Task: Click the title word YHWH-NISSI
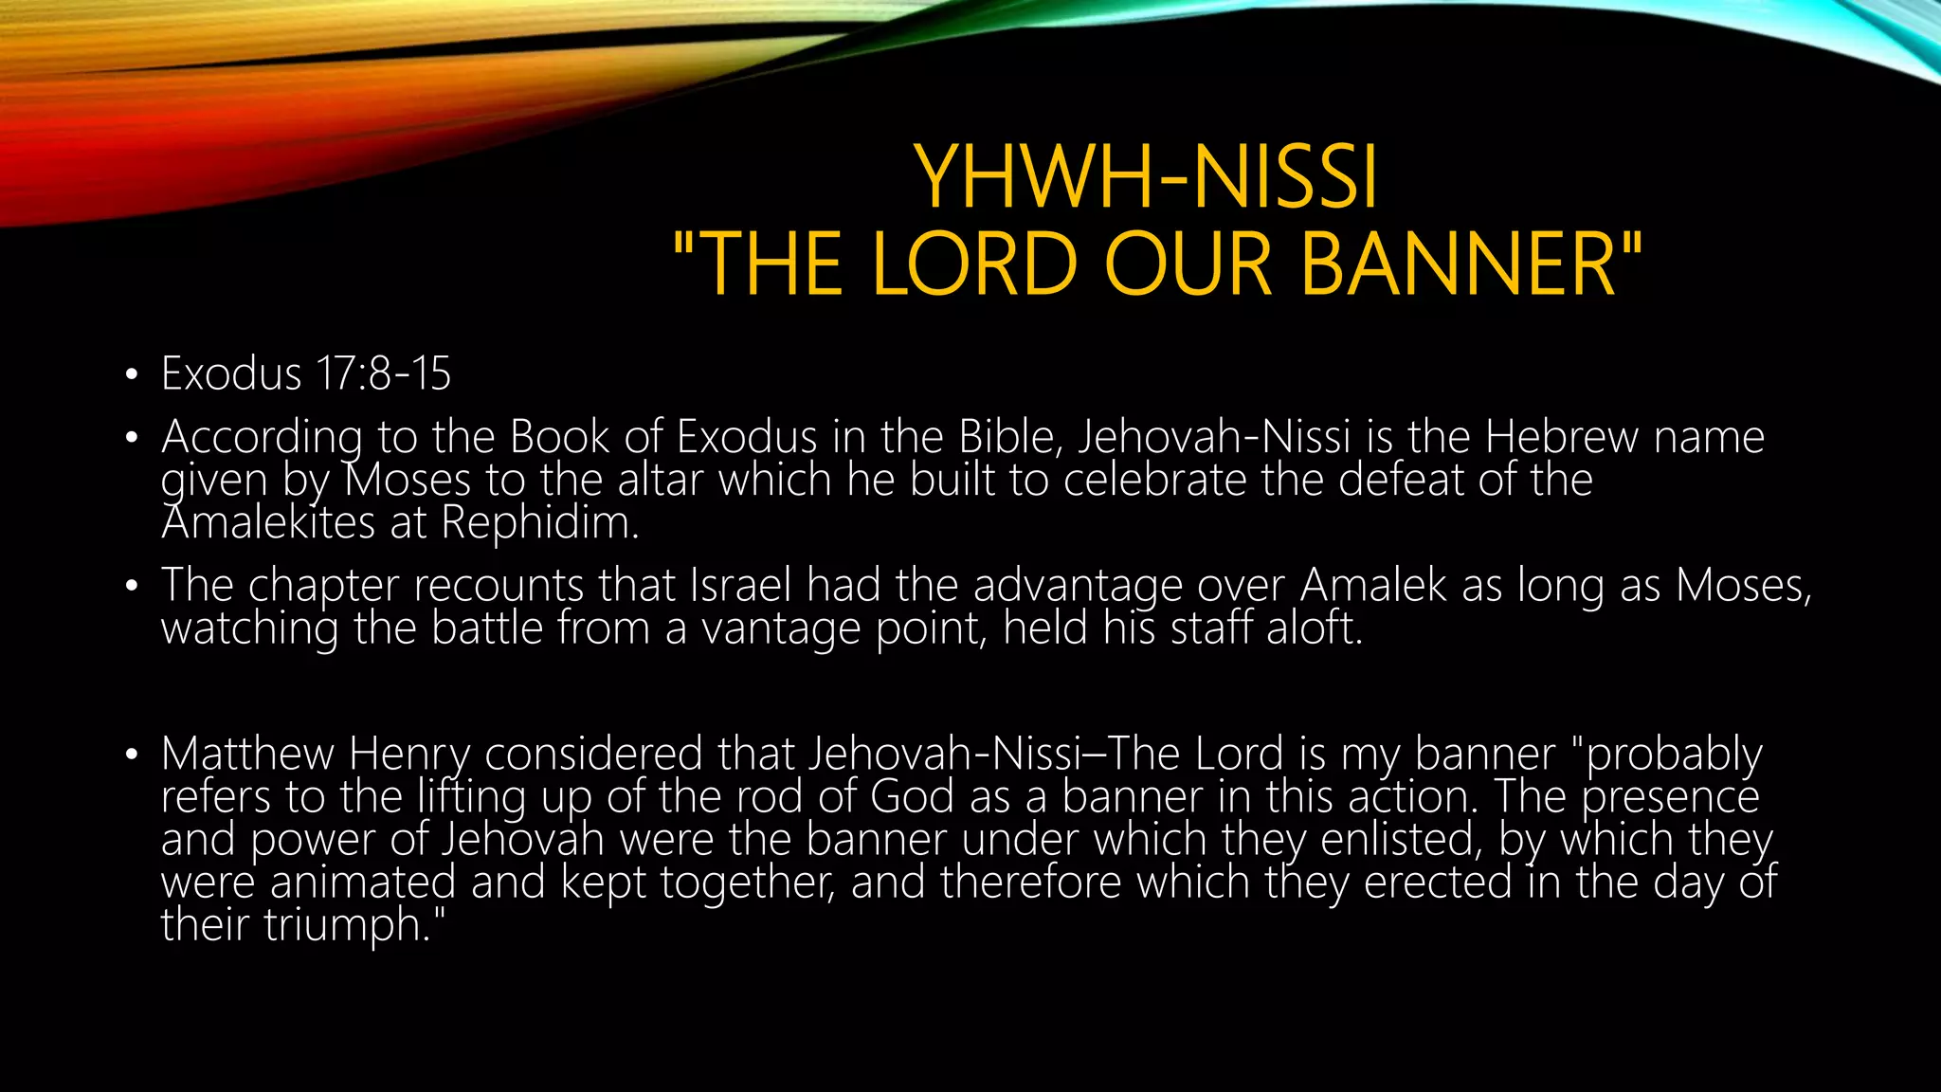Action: [x=1146, y=177]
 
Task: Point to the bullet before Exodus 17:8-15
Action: [x=132, y=374]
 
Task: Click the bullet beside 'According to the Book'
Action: [x=132, y=438]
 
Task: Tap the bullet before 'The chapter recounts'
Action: [x=132, y=586]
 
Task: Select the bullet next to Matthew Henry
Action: [x=132, y=755]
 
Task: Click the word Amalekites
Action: [x=268, y=522]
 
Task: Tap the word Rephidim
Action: [x=539, y=522]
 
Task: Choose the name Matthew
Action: [x=247, y=754]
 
